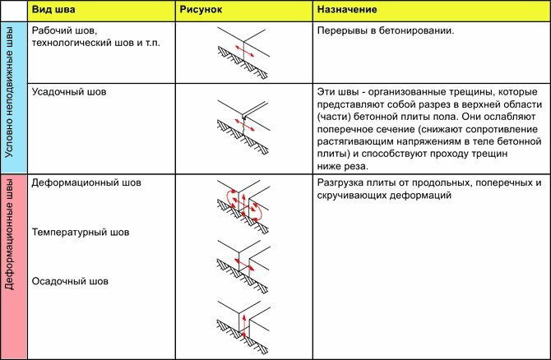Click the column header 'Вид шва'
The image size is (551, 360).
pyautogui.click(x=54, y=12)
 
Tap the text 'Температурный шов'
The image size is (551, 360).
pyautogui.click(x=81, y=233)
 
